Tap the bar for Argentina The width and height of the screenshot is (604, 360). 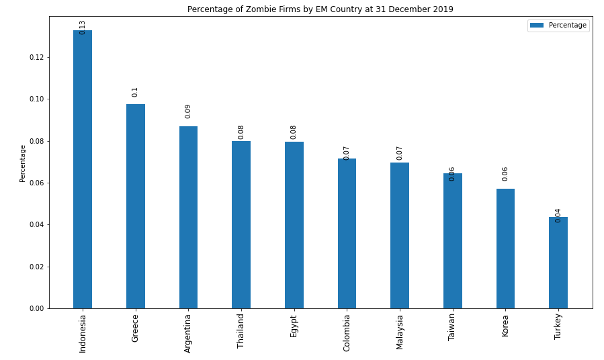point(188,217)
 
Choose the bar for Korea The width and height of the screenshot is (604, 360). point(505,249)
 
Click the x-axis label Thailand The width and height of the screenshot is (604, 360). point(241,330)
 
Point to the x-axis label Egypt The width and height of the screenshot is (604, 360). point(294,326)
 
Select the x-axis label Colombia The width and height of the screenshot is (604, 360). point(347,332)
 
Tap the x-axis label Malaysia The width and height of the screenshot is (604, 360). point(400,332)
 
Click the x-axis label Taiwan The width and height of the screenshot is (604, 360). point(452,327)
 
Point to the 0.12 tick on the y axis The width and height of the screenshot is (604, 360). point(36,57)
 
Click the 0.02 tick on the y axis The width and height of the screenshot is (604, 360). point(36,267)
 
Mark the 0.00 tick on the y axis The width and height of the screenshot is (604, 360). point(36,308)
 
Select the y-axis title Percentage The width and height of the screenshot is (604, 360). point(22,163)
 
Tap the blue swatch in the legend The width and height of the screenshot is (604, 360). point(537,26)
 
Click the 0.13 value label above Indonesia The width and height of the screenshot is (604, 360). point(83,28)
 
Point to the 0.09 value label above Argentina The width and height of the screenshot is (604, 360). point(188,111)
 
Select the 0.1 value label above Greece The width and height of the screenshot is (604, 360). point(135,92)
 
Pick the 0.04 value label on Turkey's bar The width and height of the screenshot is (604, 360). point(558,215)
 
